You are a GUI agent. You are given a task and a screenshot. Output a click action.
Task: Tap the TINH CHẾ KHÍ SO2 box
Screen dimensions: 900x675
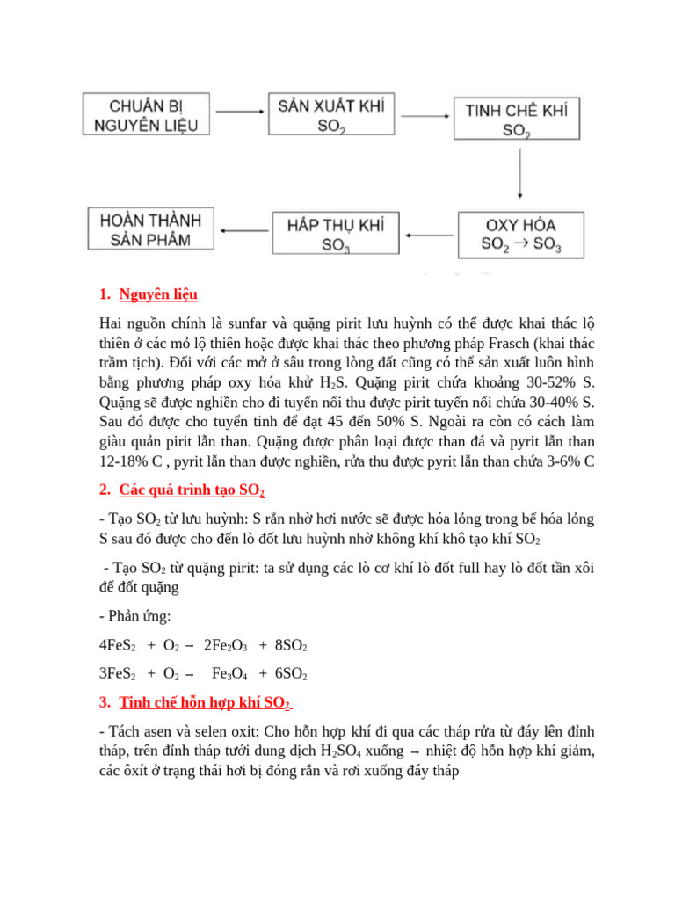pos(516,120)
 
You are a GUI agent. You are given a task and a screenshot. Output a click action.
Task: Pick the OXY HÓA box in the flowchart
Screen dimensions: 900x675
pos(521,233)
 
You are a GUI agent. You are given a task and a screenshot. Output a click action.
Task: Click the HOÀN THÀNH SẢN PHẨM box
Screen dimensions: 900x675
pos(151,229)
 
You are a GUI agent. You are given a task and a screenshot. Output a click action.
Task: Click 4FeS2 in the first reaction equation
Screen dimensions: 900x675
pos(117,646)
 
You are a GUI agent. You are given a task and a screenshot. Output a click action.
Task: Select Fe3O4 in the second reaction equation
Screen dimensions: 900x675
pos(229,674)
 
